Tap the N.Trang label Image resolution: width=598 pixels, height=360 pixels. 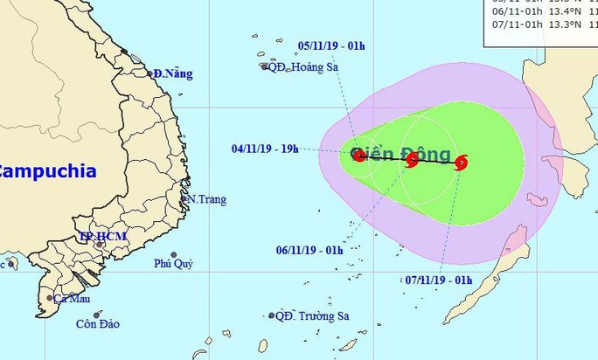(205, 199)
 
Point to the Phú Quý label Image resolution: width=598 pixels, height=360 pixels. (173, 264)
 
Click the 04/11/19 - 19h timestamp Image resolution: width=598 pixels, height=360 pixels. (265, 149)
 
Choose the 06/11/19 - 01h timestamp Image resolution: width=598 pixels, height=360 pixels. (309, 250)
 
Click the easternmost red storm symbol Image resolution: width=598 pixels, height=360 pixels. (462, 162)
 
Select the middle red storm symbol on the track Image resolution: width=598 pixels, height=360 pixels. (413, 159)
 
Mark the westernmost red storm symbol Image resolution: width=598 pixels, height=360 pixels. (359, 156)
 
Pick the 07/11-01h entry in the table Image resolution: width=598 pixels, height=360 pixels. (517, 24)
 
